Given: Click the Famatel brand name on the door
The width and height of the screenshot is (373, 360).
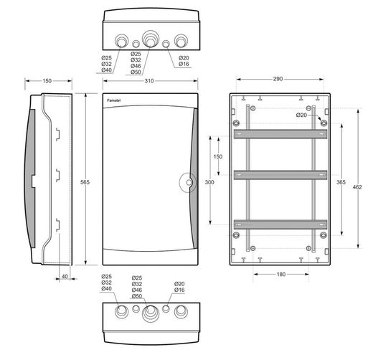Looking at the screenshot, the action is coord(114,100).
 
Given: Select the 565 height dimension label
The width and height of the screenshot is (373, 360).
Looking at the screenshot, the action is coord(85,182).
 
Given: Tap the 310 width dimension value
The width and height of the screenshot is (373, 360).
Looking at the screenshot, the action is coord(149,81).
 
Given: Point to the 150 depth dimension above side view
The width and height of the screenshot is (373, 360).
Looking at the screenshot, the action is coord(47,81).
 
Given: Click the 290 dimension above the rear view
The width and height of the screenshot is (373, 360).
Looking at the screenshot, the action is coord(278,79).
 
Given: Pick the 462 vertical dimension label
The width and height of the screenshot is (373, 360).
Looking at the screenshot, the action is coord(357,187).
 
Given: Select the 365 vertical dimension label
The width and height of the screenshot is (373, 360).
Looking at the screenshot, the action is coord(341,182).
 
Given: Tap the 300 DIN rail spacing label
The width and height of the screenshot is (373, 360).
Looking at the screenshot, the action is coord(209,182).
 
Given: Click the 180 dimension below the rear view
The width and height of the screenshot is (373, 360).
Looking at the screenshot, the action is coord(281,274).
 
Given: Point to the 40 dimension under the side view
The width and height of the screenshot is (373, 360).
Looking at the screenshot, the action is coord(65,276).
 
